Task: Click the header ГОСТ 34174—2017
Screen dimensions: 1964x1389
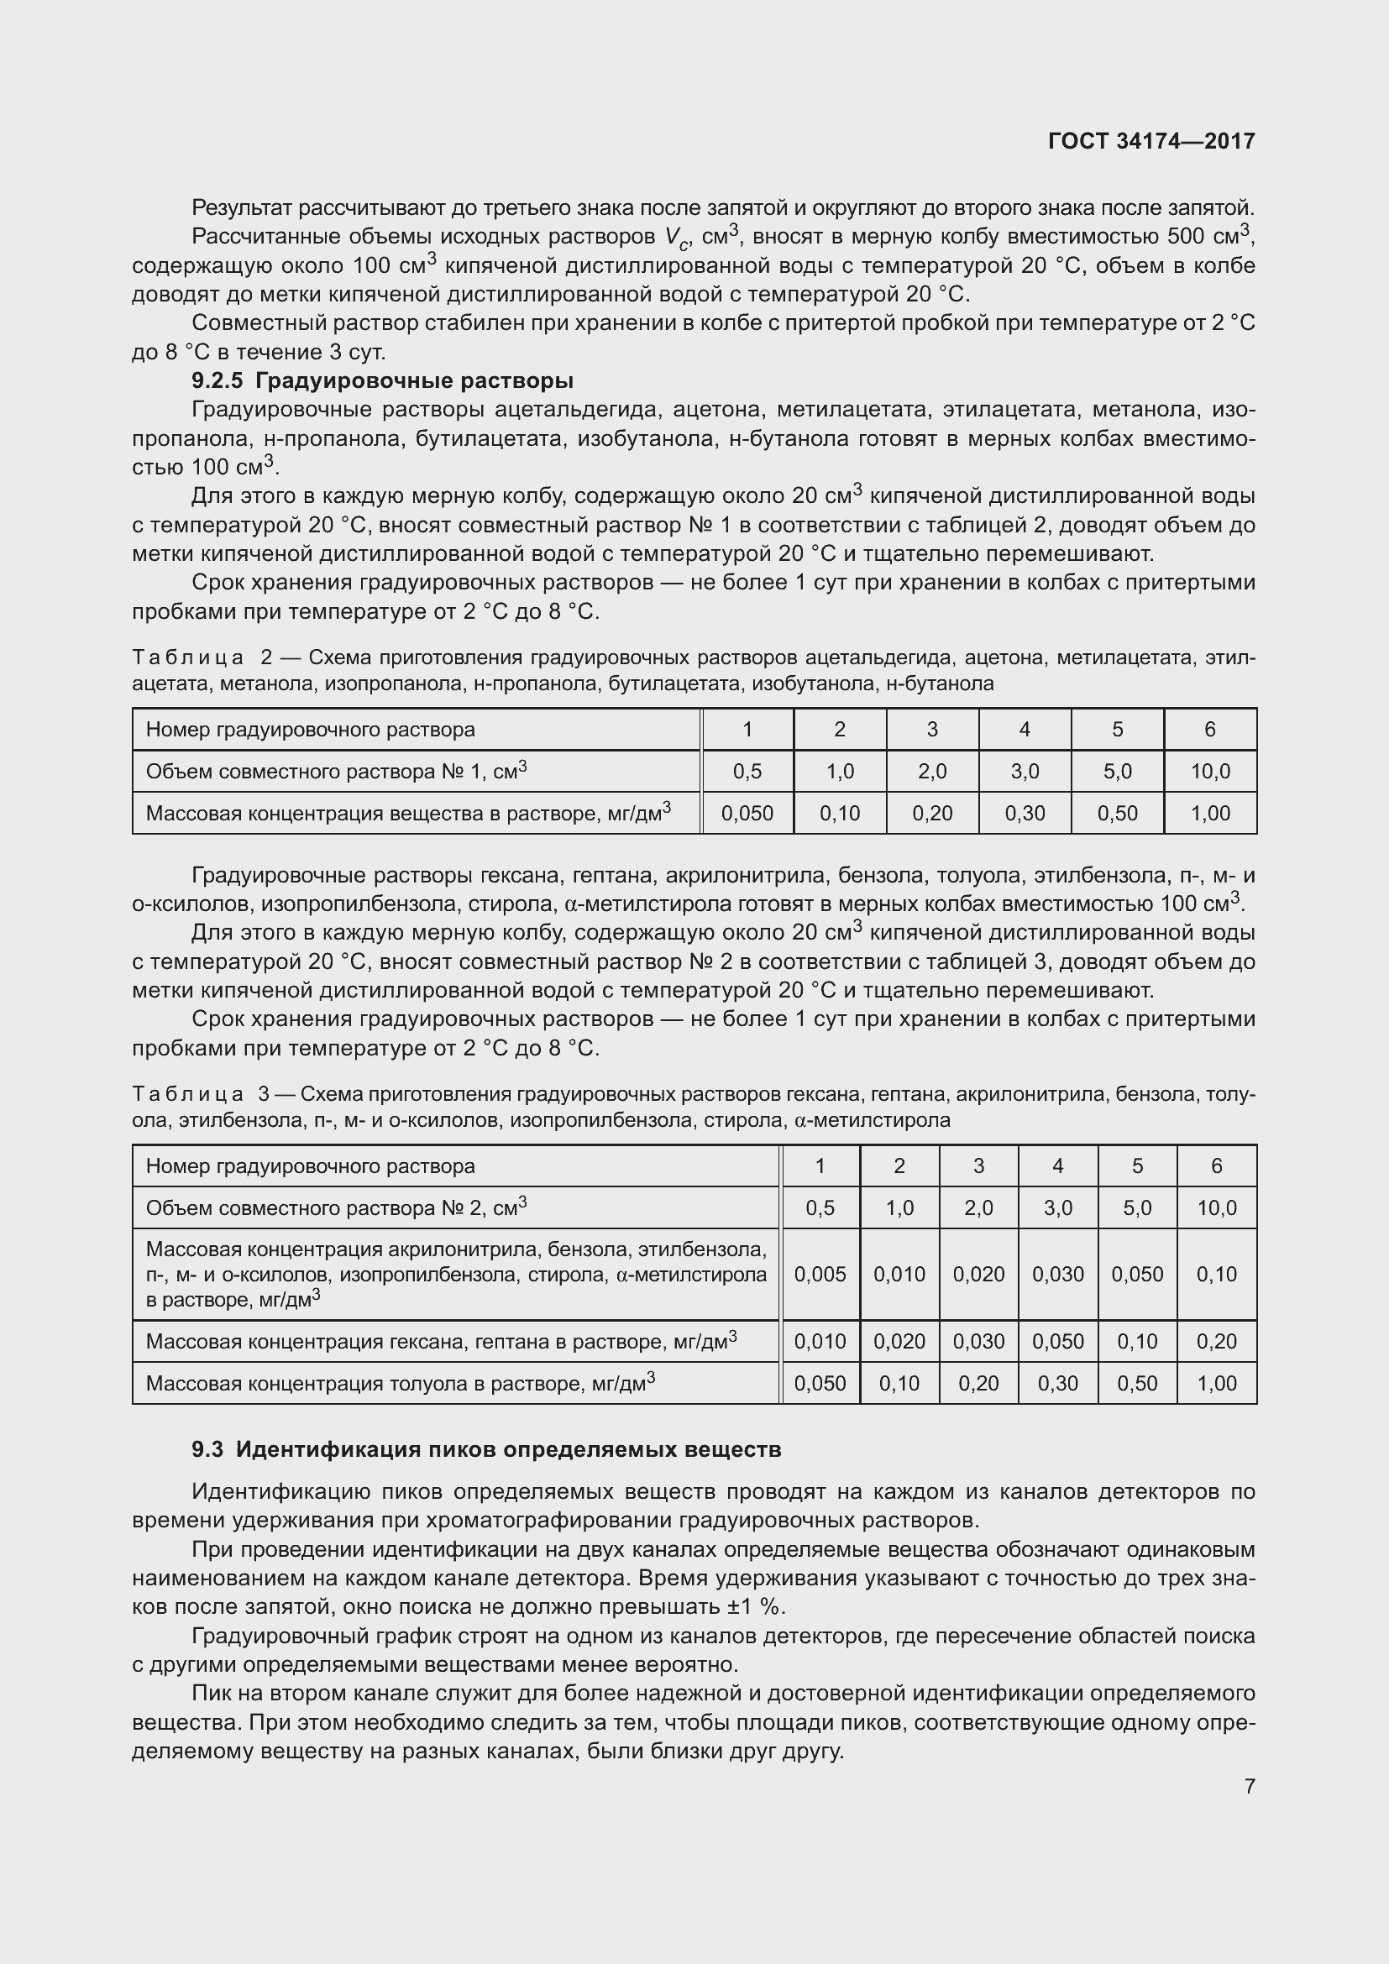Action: click(x=1151, y=141)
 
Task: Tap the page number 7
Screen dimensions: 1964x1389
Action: click(x=1250, y=1786)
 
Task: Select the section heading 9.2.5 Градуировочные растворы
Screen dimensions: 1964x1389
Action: click(x=382, y=380)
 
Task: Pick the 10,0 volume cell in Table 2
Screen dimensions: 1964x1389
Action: click(x=1209, y=772)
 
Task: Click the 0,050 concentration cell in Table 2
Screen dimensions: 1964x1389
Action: click(x=747, y=814)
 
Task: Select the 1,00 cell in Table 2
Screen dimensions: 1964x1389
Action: click(x=1209, y=814)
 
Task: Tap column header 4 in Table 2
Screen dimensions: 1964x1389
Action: click(x=1025, y=730)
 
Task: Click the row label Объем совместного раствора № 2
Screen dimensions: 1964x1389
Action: click(x=335, y=1207)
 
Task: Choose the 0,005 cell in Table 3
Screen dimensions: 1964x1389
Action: click(x=820, y=1275)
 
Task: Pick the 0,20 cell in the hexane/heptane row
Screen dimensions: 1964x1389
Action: click(x=1216, y=1341)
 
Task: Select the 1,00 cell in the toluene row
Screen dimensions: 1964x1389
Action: click(x=1216, y=1383)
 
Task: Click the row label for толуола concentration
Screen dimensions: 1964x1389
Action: click(x=400, y=1383)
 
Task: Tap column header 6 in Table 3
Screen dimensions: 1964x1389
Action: click(x=1216, y=1166)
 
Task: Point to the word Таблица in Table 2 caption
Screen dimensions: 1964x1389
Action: click(x=188, y=657)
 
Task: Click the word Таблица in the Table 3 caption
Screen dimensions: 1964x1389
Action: click(x=188, y=1094)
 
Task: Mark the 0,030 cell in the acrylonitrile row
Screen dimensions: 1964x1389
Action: click(x=1057, y=1275)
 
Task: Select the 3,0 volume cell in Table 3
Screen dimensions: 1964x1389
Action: click(x=1057, y=1207)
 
